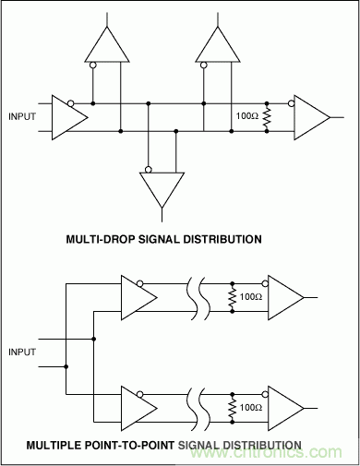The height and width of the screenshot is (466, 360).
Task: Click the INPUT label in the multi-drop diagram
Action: pos(25,116)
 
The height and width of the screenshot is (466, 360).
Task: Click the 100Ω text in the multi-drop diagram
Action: pos(246,117)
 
